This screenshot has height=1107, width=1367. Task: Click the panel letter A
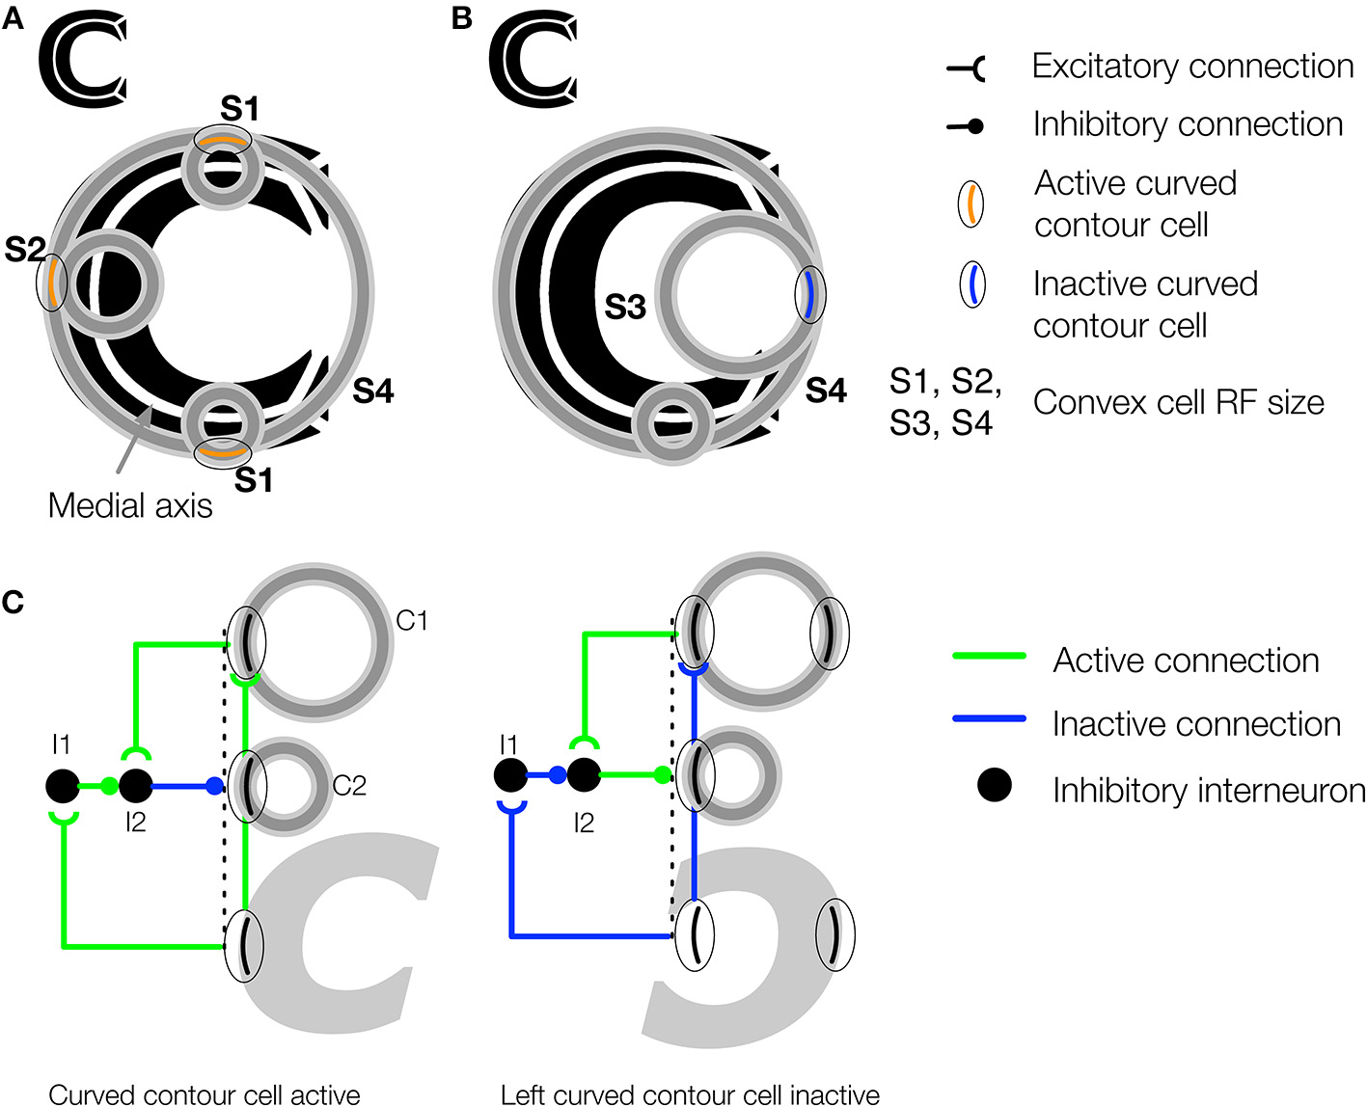point(13,17)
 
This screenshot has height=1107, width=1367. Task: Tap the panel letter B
point(462,17)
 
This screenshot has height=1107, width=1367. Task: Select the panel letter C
point(13,603)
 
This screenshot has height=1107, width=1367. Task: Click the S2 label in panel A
point(24,250)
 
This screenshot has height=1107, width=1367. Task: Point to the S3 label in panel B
point(624,308)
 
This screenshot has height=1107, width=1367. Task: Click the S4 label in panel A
point(372,391)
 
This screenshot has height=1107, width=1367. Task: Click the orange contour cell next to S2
point(51,283)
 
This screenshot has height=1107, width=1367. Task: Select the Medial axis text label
point(130,505)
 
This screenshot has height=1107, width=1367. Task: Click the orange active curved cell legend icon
point(971,204)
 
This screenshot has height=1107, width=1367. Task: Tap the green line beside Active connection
point(988,657)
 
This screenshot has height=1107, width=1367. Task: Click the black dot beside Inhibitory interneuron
point(994,785)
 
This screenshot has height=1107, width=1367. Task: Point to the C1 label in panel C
point(412,621)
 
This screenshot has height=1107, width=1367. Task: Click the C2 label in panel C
point(349,787)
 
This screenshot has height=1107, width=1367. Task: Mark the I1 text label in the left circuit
point(61,744)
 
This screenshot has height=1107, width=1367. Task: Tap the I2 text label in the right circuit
point(583,823)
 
